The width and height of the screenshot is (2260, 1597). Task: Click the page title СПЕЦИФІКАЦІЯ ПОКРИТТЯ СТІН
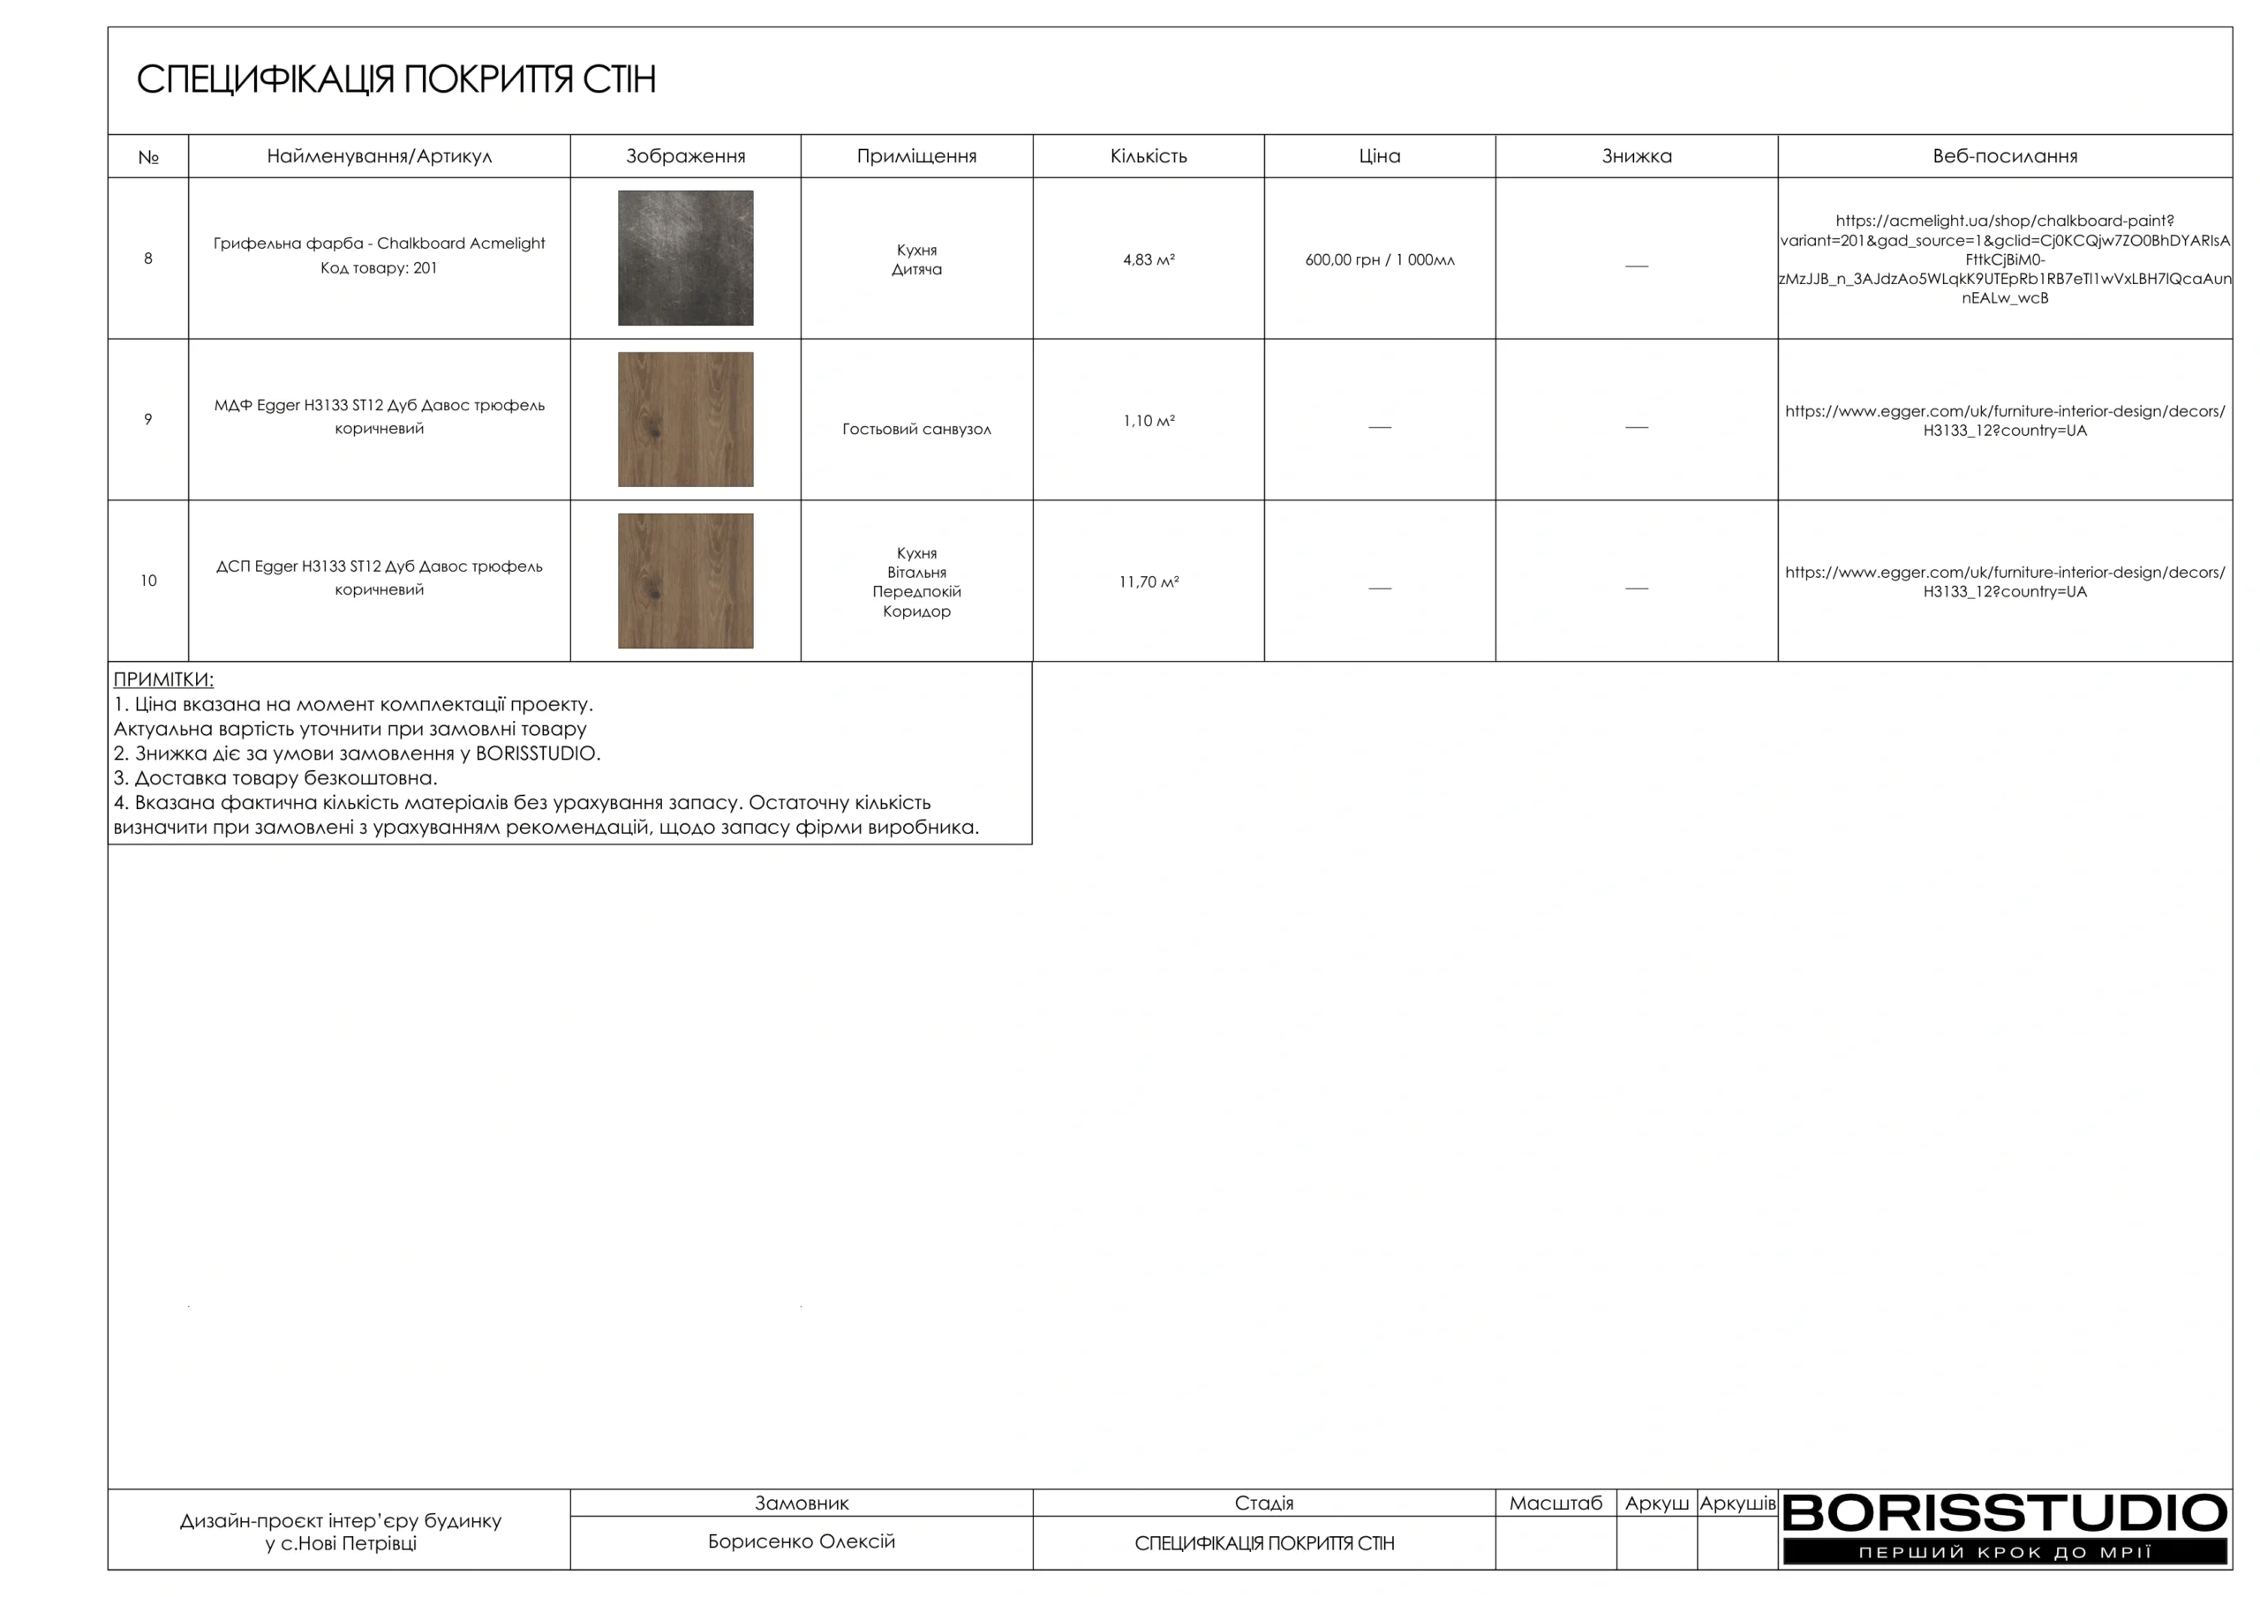pos(395,79)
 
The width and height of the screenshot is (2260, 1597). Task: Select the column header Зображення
pos(685,156)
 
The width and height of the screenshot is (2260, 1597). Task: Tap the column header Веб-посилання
pos(2004,156)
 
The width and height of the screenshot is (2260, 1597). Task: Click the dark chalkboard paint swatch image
pos(685,258)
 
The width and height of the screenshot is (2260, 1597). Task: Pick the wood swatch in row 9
pos(685,419)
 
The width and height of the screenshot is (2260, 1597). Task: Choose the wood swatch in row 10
pos(685,581)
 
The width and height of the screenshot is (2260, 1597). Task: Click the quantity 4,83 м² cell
pos(1148,259)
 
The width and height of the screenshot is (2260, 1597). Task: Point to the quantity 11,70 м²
pos(1148,581)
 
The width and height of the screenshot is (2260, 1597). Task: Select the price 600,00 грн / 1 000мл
pos(1379,259)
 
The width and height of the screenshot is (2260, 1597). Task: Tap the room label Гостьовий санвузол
pos(916,429)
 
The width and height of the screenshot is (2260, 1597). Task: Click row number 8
pos(148,259)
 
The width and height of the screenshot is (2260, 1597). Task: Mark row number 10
pos(148,581)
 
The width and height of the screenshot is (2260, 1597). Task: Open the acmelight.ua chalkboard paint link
pos(2004,259)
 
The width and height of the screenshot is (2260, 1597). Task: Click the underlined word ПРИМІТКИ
pos(163,680)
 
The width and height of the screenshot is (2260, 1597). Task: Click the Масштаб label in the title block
pos(1556,1503)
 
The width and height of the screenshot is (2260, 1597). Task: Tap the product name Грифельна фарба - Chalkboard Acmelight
pos(379,243)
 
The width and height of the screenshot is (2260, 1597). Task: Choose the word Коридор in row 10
pos(916,611)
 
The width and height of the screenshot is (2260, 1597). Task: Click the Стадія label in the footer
pos(1264,1503)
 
